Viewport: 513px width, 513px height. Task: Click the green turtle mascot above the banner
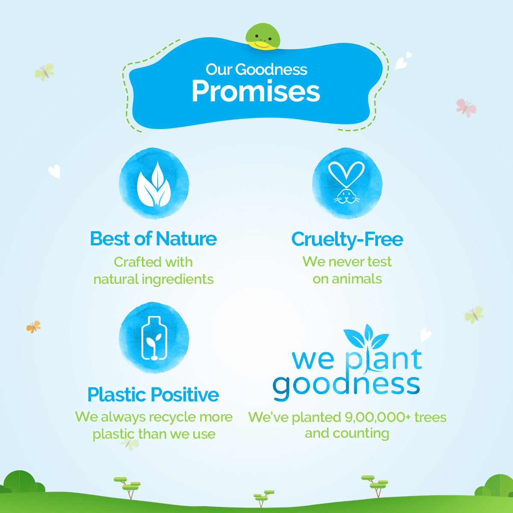(263, 37)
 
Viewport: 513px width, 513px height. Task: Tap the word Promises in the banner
(256, 91)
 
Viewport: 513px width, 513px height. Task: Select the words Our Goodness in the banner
(256, 69)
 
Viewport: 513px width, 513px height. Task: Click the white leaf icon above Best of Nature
(154, 184)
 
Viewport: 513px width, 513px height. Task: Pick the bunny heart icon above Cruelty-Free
(347, 183)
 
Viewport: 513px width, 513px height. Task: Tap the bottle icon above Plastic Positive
(154, 338)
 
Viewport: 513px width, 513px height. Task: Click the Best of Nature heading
(153, 239)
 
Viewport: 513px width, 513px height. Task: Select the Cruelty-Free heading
(347, 239)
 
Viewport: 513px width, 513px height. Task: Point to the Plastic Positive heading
(153, 395)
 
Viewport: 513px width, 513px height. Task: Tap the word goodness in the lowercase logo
(346, 386)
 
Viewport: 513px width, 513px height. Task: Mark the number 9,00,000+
(378, 417)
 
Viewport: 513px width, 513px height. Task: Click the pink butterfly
(466, 107)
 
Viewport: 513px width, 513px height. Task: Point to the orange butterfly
(33, 327)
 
